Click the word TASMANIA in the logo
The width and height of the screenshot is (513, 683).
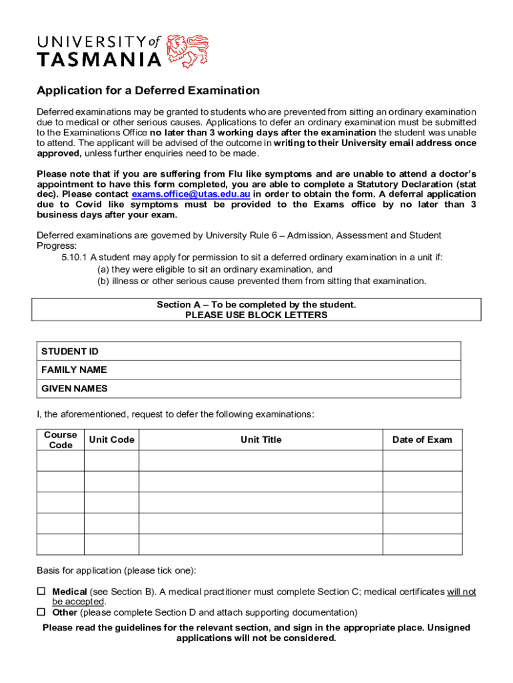tap(99, 60)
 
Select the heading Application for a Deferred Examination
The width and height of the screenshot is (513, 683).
tap(148, 91)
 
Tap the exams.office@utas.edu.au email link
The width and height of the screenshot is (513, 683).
tap(191, 194)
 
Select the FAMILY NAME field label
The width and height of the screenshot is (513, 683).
tap(74, 370)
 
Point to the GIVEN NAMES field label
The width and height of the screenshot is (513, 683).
tap(75, 388)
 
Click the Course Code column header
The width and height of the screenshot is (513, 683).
tap(61, 440)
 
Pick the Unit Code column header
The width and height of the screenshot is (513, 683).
tap(111, 440)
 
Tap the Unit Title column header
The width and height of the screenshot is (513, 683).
tap(260, 440)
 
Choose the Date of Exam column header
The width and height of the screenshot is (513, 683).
tap(422, 440)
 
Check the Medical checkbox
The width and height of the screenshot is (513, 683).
tap(41, 592)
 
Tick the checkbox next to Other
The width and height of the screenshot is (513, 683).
tap(41, 612)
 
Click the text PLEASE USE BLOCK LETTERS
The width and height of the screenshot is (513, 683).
tap(256, 315)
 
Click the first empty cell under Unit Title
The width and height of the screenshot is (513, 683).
tap(260, 461)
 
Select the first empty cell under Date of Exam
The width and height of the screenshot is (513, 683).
tap(422, 461)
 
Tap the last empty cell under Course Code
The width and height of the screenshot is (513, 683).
tap(61, 544)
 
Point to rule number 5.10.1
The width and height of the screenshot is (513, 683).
tap(75, 257)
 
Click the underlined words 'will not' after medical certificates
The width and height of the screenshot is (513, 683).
tap(461, 592)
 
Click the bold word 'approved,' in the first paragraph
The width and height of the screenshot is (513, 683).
tap(59, 153)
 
